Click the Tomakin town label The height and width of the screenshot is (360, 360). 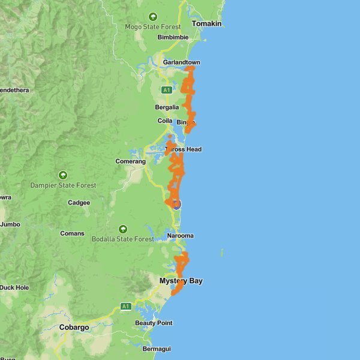(x=206, y=23)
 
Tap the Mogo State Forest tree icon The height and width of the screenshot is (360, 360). (x=152, y=17)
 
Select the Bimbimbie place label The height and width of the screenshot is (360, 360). (x=173, y=37)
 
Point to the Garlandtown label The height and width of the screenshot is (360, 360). (x=181, y=62)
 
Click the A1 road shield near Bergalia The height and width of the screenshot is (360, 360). (x=167, y=90)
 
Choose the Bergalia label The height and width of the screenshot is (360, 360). (x=167, y=107)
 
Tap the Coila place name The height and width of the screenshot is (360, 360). (x=165, y=121)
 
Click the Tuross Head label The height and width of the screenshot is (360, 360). (x=184, y=149)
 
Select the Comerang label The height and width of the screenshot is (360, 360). (x=130, y=162)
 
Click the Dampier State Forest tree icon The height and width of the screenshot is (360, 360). (x=63, y=175)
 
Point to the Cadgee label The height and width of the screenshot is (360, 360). (x=79, y=203)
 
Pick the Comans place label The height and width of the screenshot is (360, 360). (x=72, y=233)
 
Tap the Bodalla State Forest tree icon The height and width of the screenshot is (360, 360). (x=123, y=229)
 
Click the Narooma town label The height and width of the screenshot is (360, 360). (x=181, y=236)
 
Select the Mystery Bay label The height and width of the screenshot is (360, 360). (x=181, y=281)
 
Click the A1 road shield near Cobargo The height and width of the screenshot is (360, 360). (x=125, y=307)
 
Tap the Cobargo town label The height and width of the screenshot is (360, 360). (x=74, y=328)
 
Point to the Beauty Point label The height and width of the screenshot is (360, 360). (x=154, y=323)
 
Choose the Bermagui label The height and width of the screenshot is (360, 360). (x=157, y=349)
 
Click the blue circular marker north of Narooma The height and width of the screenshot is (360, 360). (x=176, y=204)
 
